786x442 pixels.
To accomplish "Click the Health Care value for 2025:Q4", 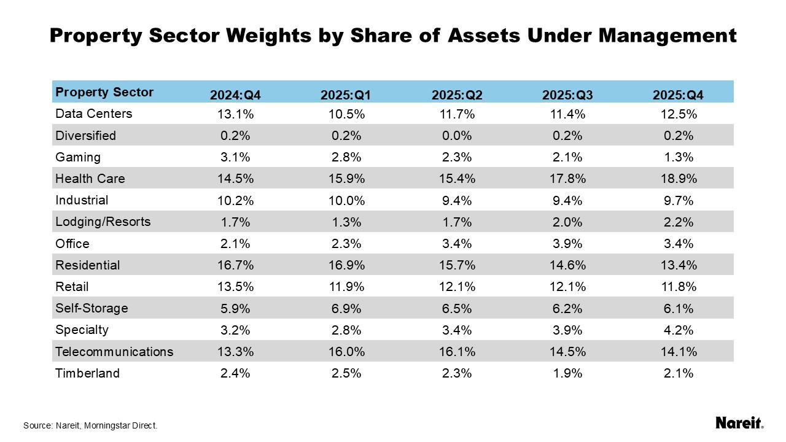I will [x=679, y=179].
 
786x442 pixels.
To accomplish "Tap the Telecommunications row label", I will [x=114, y=352].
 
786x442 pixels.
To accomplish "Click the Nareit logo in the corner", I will [x=739, y=423].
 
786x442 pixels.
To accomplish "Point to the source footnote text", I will [x=90, y=425].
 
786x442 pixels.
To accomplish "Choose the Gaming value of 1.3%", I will [x=679, y=157].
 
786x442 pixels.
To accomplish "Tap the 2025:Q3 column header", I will [x=567, y=95].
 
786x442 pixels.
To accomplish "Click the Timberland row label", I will [x=87, y=373].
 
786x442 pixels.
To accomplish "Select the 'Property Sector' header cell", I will [x=104, y=93].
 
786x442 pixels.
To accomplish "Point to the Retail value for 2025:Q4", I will [x=679, y=287].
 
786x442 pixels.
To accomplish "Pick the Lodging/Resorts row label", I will [x=103, y=222].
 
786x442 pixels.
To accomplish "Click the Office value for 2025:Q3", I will [x=567, y=244].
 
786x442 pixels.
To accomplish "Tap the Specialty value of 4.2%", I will [x=679, y=330].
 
